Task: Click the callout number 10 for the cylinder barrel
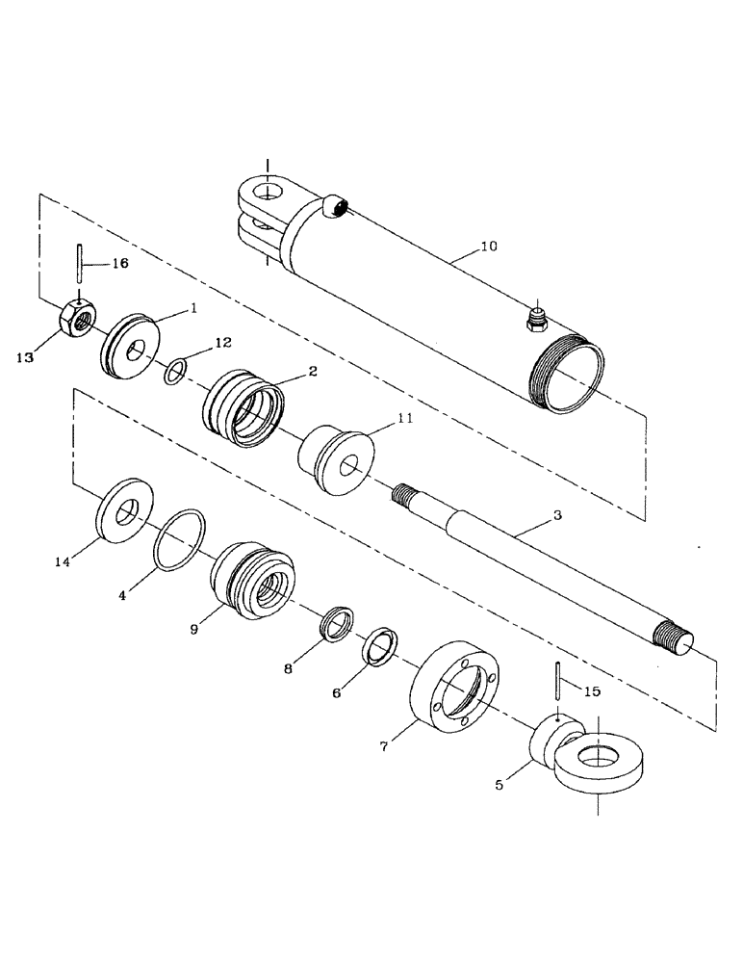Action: (x=488, y=247)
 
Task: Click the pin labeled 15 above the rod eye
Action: (x=558, y=684)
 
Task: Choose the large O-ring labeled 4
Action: (x=180, y=542)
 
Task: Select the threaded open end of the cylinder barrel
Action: (x=568, y=368)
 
